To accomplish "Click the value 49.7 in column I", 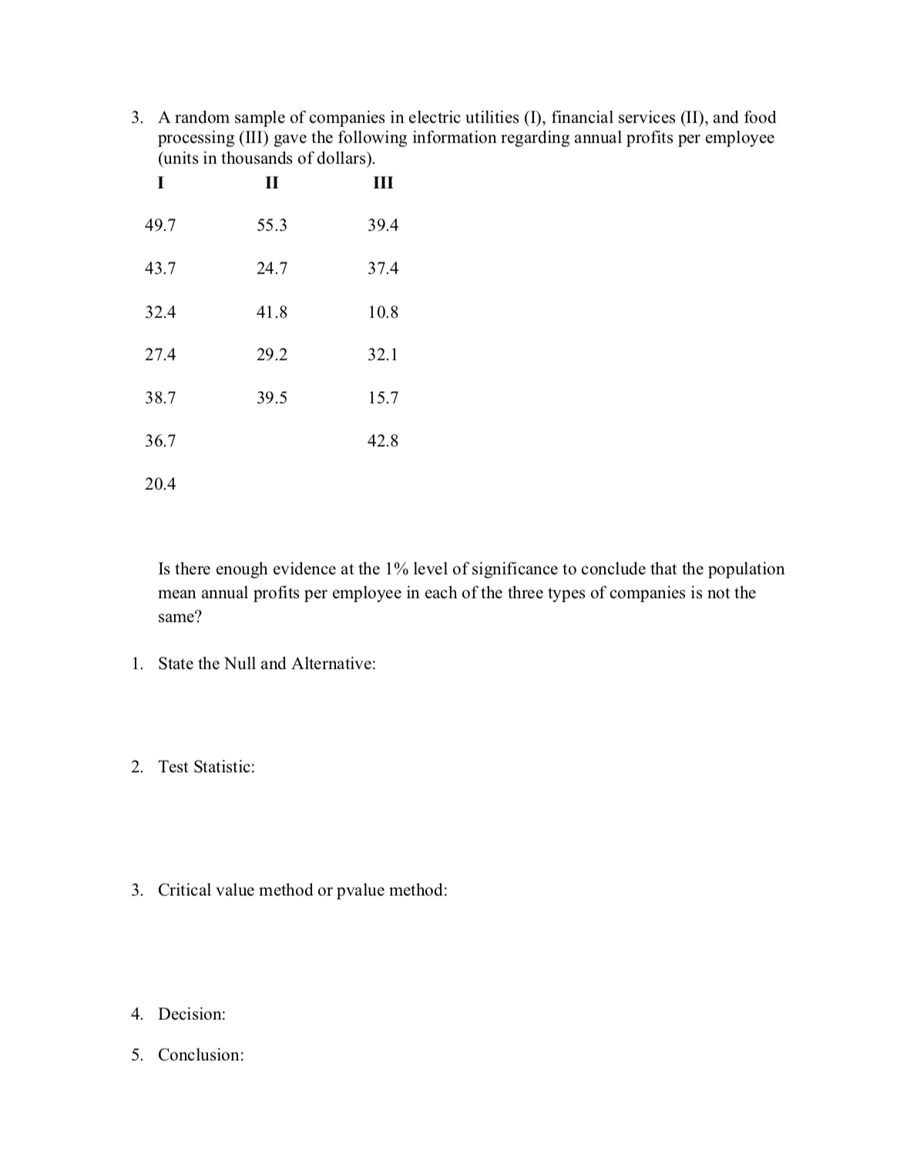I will pos(160,226).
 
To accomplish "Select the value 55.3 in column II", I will pos(271,226).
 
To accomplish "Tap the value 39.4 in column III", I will pos(383,226).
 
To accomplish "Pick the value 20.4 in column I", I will pos(160,485).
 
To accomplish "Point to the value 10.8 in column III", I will pos(383,313).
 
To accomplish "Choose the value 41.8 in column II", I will pos(271,313).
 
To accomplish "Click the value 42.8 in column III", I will pos(383,441).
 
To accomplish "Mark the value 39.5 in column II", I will pos(271,398).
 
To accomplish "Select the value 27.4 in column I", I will pos(160,355).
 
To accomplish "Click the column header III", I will pos(383,183).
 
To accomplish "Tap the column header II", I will pos(270,183).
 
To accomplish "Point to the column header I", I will pos(160,183).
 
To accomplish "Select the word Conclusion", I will pos(201,1055).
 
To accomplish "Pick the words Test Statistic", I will pos(206,767).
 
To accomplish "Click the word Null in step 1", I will pos(240,664).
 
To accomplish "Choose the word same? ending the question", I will pos(180,618).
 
